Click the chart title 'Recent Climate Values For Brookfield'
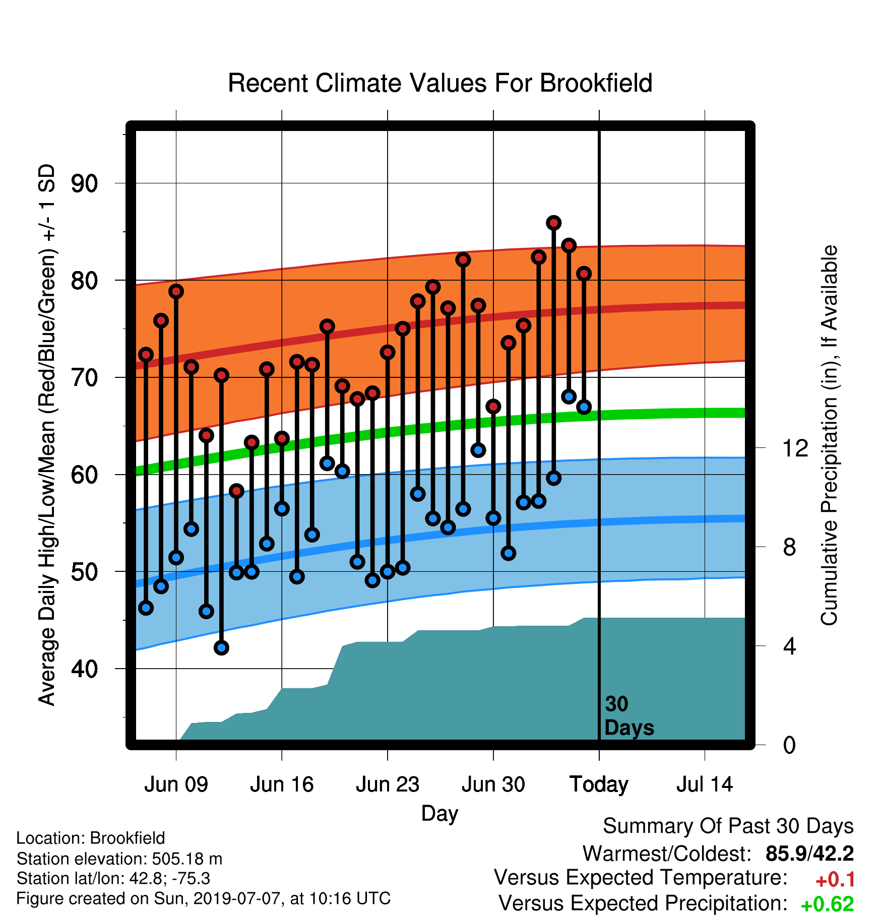click(440, 83)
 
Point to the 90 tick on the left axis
click(84, 183)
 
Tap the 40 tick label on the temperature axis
click(84, 669)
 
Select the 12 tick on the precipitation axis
click(795, 448)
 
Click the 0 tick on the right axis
click(790, 745)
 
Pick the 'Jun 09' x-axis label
click(176, 784)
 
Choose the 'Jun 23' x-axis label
click(388, 784)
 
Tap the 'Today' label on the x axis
click(599, 784)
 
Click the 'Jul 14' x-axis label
click(705, 784)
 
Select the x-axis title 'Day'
click(439, 814)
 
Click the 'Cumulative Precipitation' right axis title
click(829, 436)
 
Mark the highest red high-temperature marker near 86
click(554, 223)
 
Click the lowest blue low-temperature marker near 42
click(221, 648)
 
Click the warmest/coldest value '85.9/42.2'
click(809, 853)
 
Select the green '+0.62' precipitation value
click(828, 904)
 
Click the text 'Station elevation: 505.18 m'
click(119, 859)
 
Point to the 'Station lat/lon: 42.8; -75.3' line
click(113, 879)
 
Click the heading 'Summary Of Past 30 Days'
click(728, 826)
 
